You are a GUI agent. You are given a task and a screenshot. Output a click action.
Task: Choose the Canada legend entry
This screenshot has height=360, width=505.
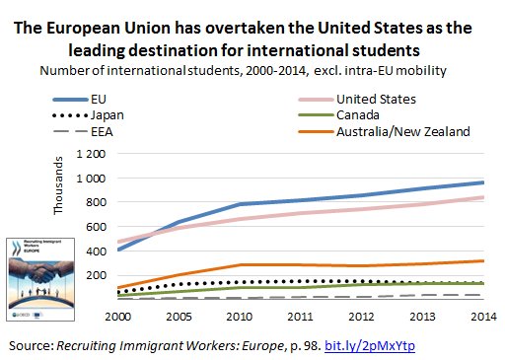pos(362,114)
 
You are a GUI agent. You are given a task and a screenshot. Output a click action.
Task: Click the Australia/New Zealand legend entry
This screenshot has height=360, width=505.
pos(401,131)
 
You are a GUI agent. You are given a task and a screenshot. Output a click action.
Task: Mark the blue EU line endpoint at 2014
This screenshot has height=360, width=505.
pos(482,182)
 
